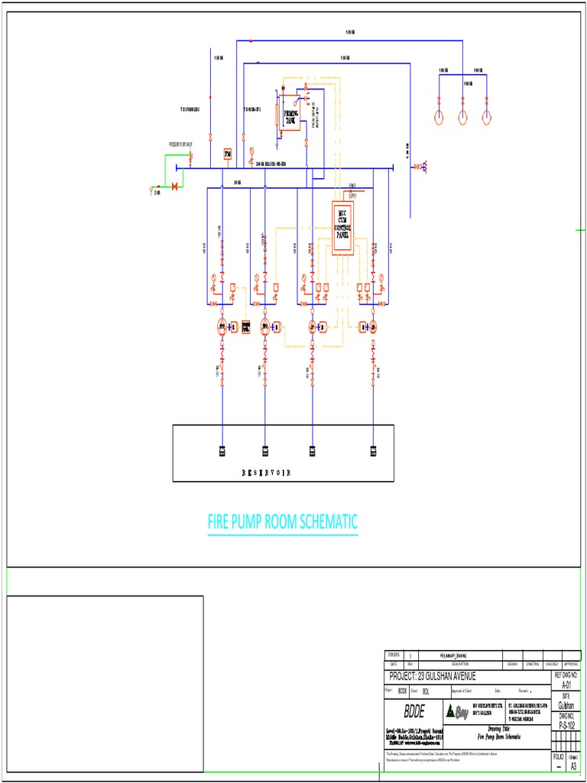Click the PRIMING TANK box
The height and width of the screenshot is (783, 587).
click(x=290, y=117)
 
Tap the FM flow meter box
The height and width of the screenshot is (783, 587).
click(x=227, y=154)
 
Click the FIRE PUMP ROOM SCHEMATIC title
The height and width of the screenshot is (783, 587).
click(x=283, y=523)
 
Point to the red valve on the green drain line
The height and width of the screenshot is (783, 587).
click(x=174, y=186)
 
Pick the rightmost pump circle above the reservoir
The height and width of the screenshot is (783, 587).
click(x=374, y=327)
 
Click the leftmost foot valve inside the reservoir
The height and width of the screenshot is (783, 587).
click(x=222, y=450)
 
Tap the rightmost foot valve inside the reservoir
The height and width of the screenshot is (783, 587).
click(x=374, y=450)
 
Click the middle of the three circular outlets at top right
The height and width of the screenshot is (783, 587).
click(x=463, y=117)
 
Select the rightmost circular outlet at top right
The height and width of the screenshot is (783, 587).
click(x=486, y=117)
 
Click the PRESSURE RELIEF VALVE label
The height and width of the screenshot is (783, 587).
click(x=181, y=144)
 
